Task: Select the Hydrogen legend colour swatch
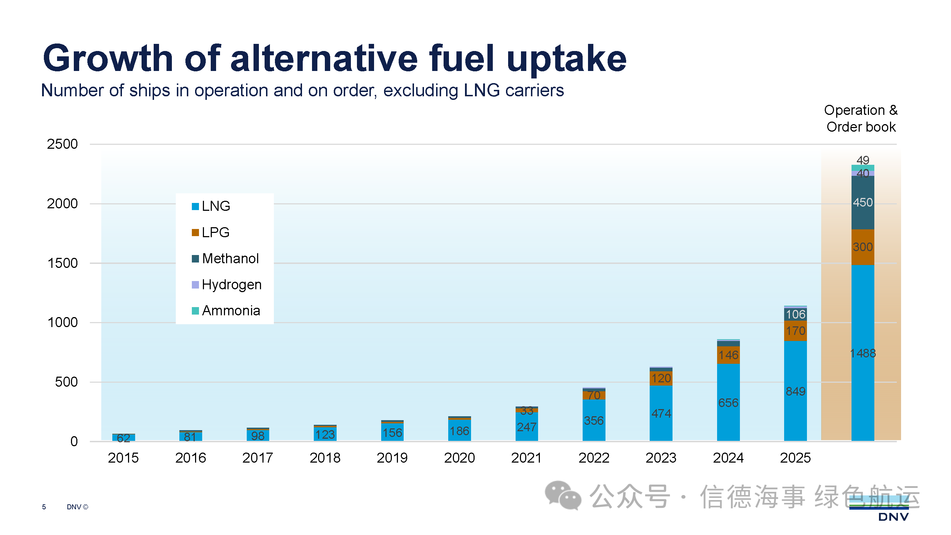(195, 285)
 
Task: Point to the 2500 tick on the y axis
(62, 144)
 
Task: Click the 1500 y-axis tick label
(62, 263)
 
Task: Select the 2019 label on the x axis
(392, 458)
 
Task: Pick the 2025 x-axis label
(795, 458)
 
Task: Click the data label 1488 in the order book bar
(863, 353)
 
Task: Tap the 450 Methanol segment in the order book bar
(863, 203)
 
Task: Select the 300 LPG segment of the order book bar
(863, 247)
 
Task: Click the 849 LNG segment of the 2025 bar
(795, 391)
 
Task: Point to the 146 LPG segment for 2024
(728, 355)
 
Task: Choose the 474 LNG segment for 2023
(661, 413)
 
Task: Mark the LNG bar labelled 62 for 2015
(123, 438)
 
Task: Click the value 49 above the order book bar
(863, 160)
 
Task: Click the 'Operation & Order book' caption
(860, 118)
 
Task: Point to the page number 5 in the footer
(44, 507)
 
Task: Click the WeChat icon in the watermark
(563, 495)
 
